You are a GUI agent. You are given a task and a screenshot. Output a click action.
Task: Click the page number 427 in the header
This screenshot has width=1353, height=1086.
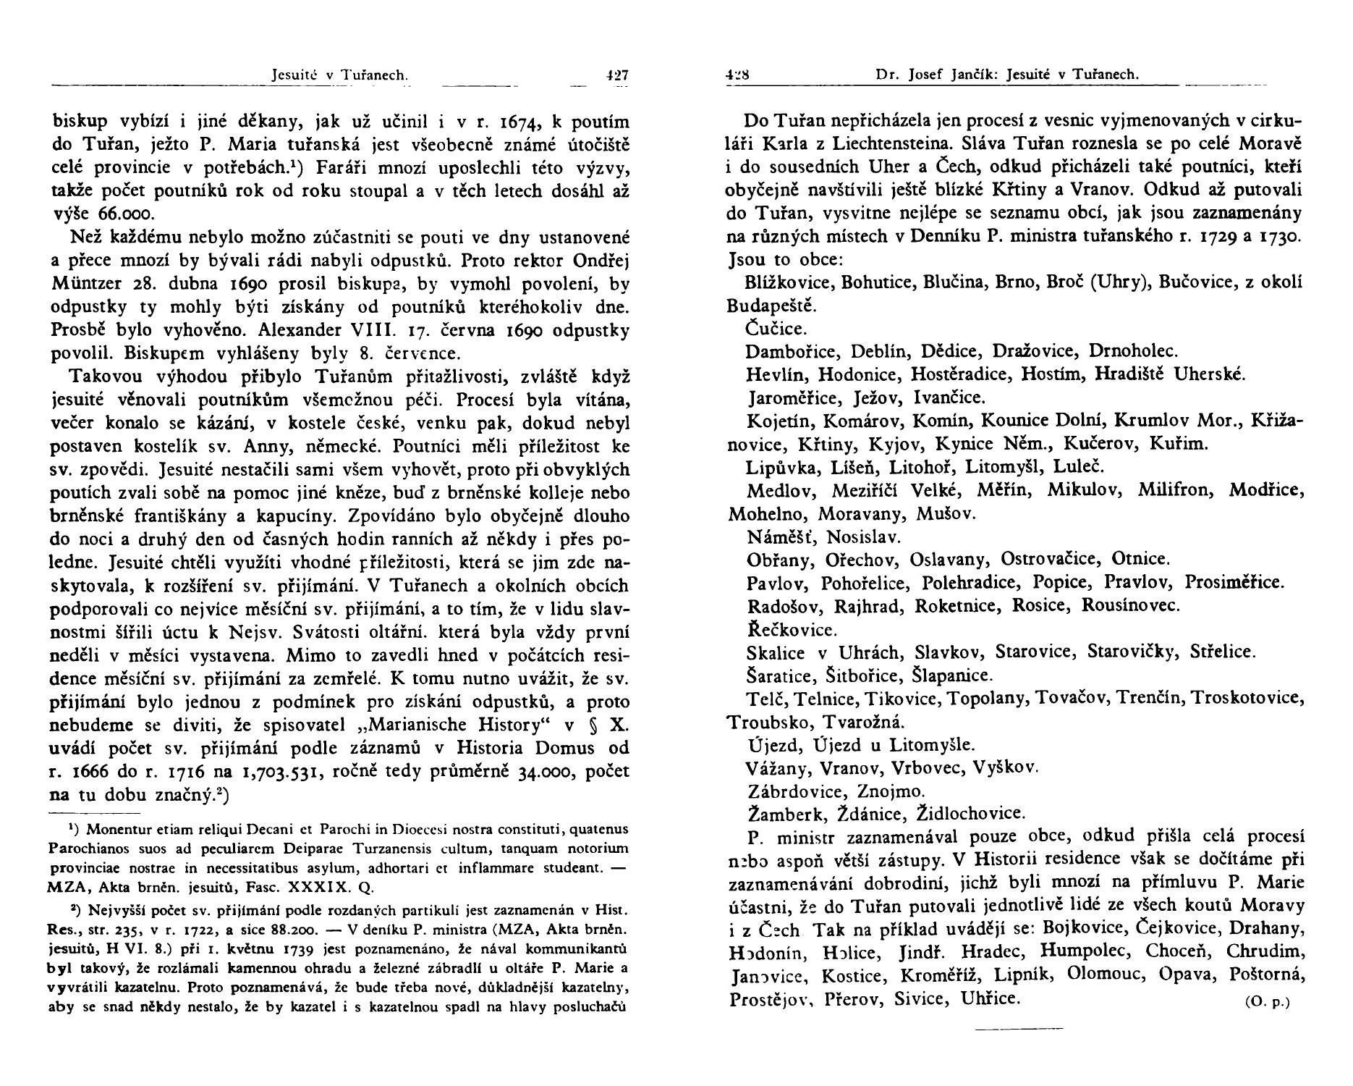click(x=617, y=74)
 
